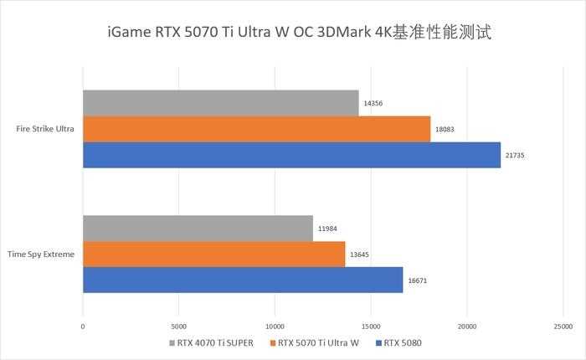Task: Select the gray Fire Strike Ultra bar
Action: coord(221,103)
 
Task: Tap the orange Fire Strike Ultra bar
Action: coord(256,129)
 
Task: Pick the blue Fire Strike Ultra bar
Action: coord(291,155)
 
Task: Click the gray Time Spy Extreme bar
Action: coord(198,228)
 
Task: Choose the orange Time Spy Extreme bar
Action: coord(213,254)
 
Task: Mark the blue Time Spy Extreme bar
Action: coord(243,280)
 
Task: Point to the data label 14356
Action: coord(373,104)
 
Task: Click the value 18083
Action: coord(445,130)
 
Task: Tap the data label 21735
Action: coord(515,156)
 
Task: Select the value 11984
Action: coord(327,229)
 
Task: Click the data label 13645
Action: coord(360,255)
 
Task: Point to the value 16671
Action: coord(417,280)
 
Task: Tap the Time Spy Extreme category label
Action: coord(40,254)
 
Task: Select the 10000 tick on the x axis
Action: coord(275,327)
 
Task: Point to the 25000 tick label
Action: coord(563,327)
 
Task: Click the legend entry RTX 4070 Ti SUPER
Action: coord(213,343)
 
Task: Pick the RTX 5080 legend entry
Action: coord(404,343)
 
